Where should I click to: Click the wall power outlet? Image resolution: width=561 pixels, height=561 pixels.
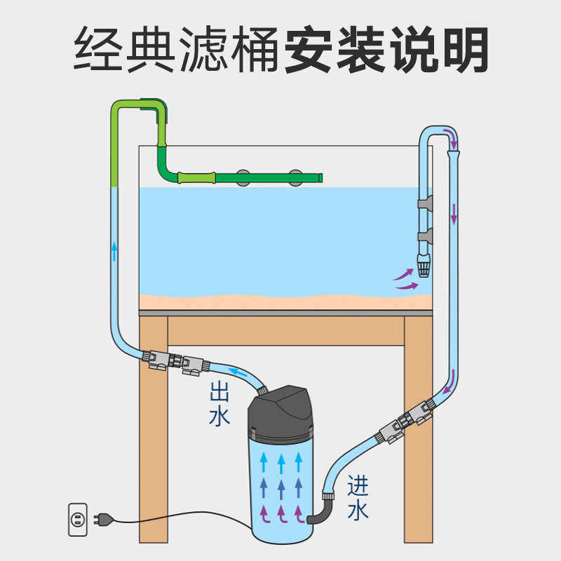[x=78, y=520]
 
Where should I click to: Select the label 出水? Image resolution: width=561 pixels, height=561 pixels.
[x=219, y=404]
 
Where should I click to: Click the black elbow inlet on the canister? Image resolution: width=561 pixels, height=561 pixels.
[x=321, y=511]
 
